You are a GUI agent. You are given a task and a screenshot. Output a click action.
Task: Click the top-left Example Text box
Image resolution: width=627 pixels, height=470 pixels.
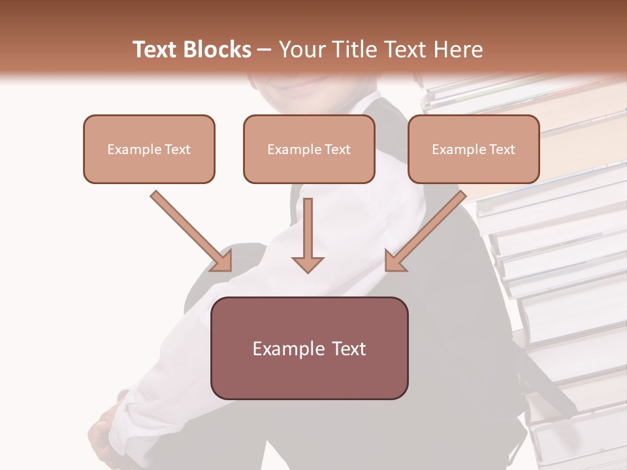pyautogui.click(x=149, y=149)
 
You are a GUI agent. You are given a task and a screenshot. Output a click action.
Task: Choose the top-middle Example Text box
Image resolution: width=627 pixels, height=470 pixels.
pyautogui.click(x=309, y=149)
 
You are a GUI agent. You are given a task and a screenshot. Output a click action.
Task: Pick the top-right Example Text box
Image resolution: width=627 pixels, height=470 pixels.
pyautogui.click(x=474, y=149)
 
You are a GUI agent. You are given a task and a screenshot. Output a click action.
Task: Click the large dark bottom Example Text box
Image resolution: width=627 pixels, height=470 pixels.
pyautogui.click(x=309, y=348)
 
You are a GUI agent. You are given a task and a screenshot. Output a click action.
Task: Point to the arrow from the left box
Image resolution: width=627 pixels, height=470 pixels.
pyautogui.click(x=189, y=229)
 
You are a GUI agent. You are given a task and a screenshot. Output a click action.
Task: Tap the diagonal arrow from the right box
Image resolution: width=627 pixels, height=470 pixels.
pyautogui.click(x=427, y=229)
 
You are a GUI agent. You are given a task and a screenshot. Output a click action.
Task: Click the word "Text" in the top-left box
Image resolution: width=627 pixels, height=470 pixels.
pyautogui.click(x=178, y=149)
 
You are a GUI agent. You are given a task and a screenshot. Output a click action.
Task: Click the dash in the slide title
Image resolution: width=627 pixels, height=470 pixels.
pyautogui.click(x=265, y=50)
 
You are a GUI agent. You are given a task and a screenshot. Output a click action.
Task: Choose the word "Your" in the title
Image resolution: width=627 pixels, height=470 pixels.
pyautogui.click(x=300, y=50)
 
